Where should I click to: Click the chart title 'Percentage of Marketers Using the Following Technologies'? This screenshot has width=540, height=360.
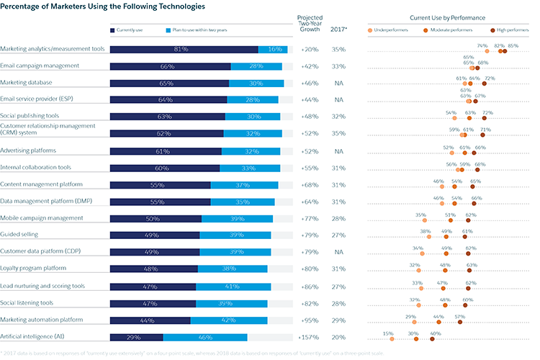tap(102, 6)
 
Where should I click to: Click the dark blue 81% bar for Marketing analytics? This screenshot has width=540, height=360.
tap(184, 49)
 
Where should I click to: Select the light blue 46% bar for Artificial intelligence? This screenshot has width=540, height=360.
tap(205, 336)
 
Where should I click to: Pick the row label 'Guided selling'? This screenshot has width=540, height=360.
tap(19, 234)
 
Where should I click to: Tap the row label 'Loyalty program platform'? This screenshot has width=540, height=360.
tap(33, 269)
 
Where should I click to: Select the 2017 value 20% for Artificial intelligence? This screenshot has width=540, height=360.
tap(338, 336)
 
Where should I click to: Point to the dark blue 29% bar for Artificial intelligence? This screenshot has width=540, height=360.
tap(137, 336)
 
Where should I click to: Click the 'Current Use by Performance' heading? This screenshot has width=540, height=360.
tap(447, 17)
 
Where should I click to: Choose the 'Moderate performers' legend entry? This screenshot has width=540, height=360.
tap(454, 30)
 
